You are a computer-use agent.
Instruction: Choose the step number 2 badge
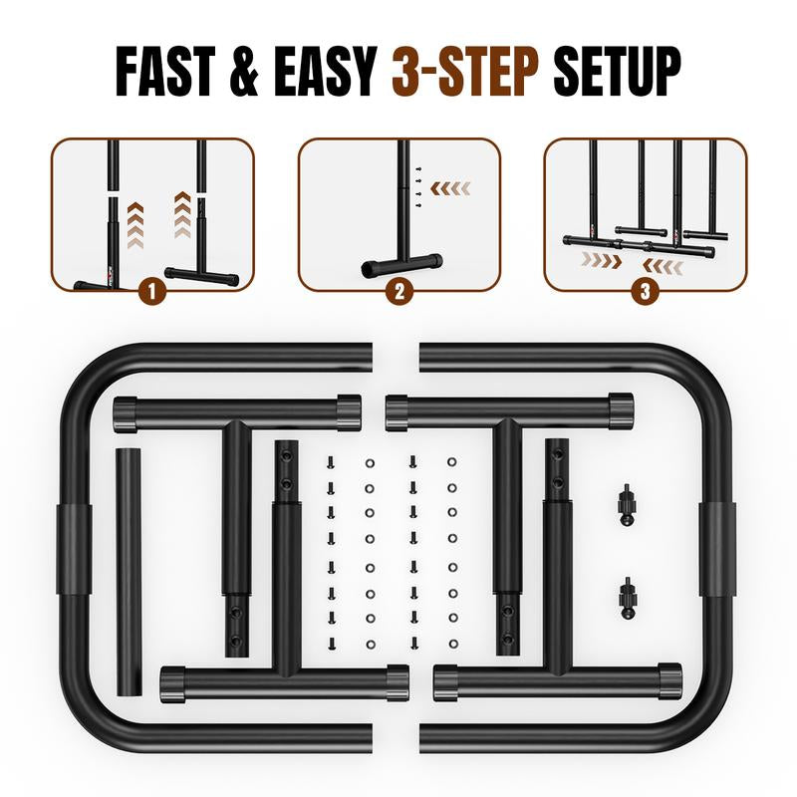399,291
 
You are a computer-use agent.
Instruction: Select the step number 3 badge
645,291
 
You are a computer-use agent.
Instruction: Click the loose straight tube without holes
130,572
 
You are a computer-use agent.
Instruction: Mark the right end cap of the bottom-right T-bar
669,682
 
